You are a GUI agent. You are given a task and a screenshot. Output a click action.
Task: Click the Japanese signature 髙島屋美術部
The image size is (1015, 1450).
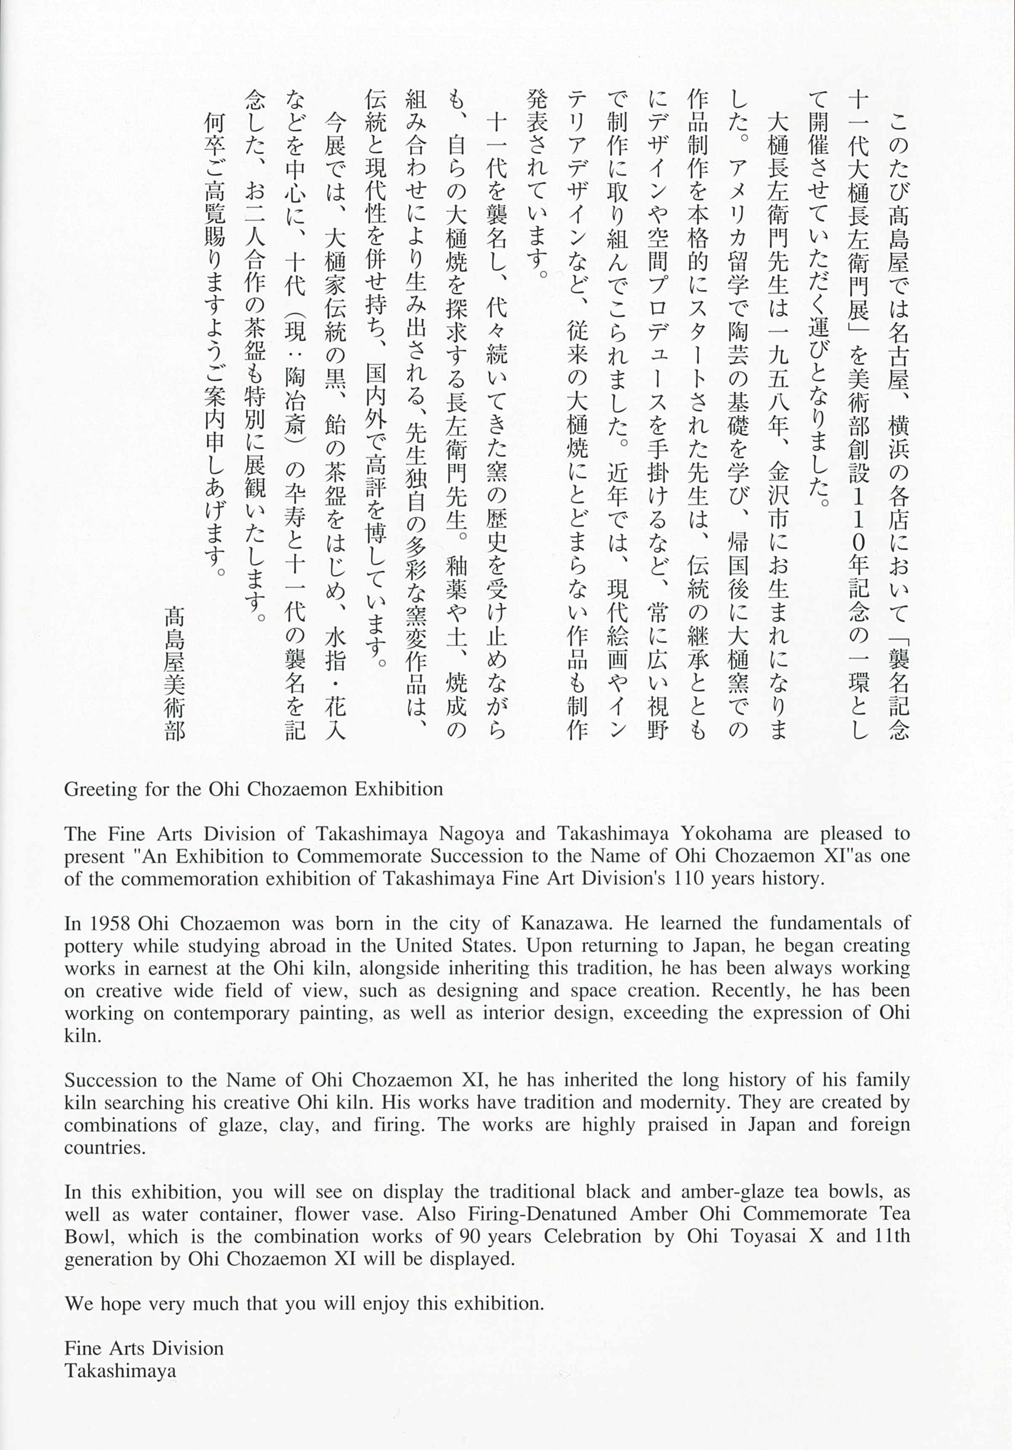tap(174, 673)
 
